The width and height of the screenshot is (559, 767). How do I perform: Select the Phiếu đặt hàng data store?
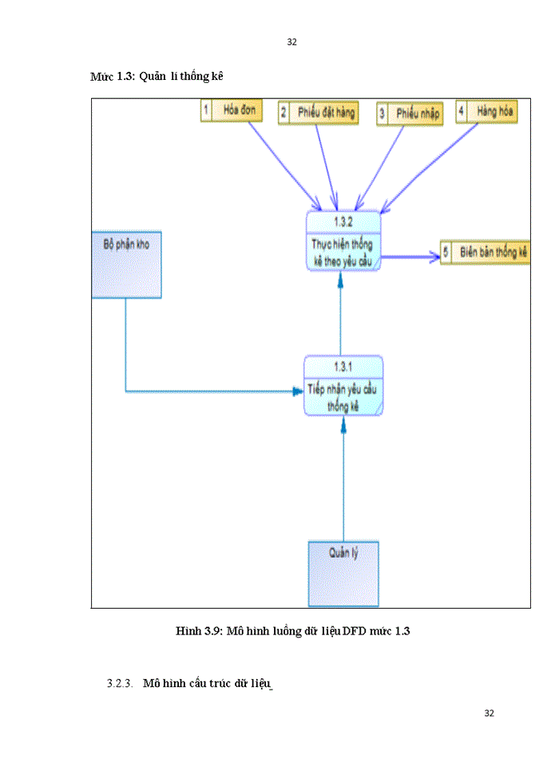318,113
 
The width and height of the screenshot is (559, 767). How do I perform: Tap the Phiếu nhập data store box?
410,113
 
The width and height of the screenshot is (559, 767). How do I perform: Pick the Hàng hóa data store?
486,112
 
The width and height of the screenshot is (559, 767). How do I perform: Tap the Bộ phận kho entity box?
126,264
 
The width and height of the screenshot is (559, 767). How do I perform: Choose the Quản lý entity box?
343,574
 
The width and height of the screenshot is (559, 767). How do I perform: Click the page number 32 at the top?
291,42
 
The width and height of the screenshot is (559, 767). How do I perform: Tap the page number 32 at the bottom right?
490,713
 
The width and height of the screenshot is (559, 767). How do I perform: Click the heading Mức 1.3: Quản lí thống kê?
156,76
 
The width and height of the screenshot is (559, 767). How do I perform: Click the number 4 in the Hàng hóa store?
461,112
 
